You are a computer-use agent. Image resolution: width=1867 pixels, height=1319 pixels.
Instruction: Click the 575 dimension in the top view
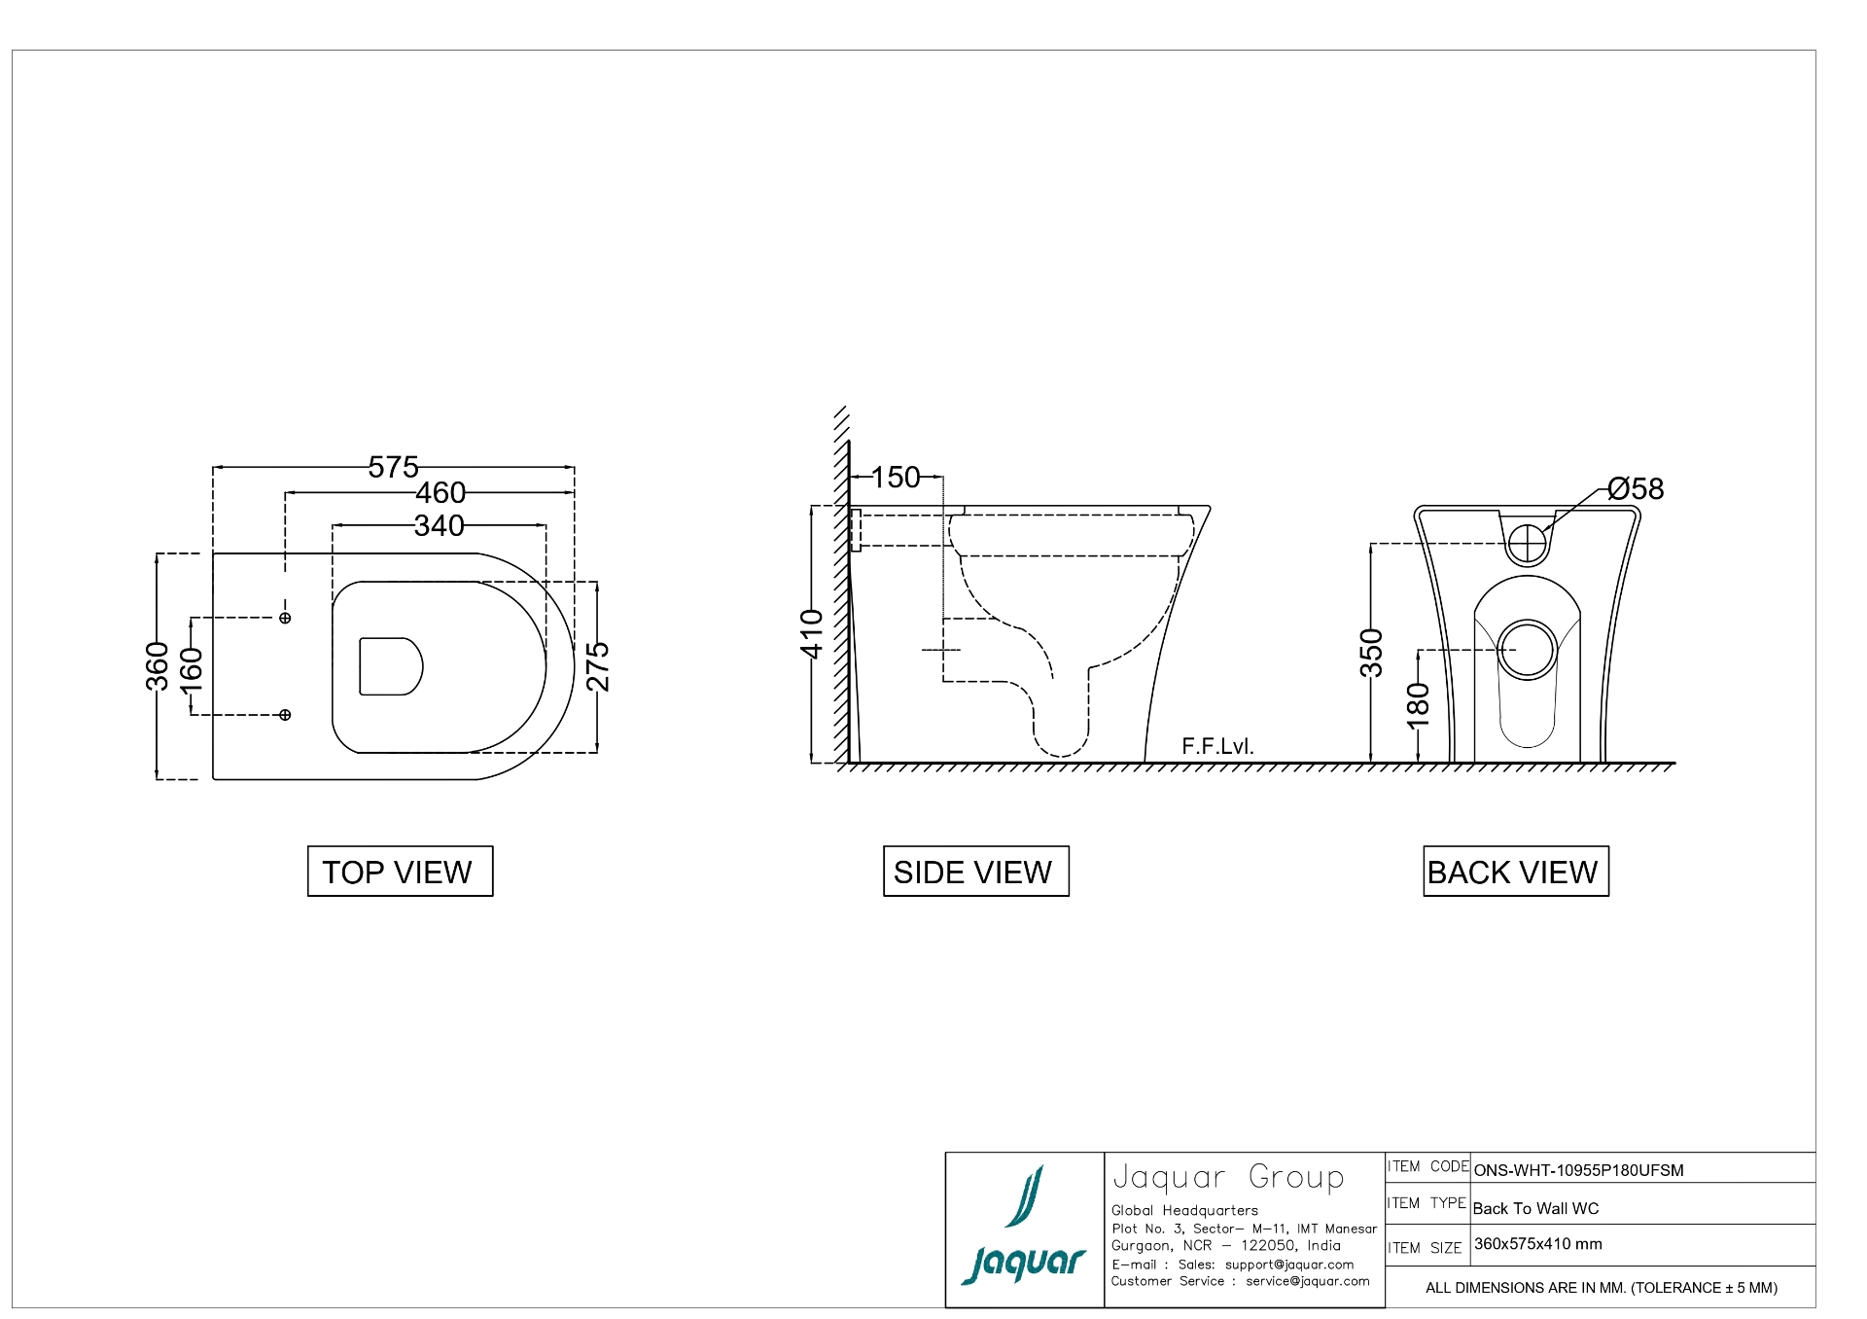click(393, 468)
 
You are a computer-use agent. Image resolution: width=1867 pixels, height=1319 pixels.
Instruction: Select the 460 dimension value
click(440, 493)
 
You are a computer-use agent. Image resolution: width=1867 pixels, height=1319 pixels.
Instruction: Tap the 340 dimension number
click(439, 526)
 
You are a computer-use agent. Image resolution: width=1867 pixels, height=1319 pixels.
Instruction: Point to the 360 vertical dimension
click(158, 666)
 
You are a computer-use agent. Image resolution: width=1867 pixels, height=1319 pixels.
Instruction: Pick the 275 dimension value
click(598, 666)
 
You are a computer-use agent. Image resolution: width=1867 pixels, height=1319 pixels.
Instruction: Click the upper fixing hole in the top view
click(285, 618)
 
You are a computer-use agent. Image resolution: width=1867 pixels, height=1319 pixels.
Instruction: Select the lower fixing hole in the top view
click(285, 715)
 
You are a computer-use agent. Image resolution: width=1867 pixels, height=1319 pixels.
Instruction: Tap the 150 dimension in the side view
click(895, 478)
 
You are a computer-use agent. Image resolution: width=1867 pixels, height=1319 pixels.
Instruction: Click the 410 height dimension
click(812, 633)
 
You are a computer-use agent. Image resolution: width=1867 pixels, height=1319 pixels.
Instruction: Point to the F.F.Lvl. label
click(1217, 747)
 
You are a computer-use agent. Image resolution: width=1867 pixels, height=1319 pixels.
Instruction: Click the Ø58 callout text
click(1636, 489)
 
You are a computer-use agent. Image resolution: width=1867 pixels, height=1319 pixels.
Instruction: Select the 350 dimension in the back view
click(1371, 653)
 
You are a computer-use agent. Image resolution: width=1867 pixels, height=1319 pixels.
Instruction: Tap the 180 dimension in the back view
click(1419, 705)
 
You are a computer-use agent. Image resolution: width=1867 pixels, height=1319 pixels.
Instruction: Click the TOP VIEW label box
click(400, 872)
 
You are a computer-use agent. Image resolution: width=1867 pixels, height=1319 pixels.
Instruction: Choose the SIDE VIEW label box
click(975, 872)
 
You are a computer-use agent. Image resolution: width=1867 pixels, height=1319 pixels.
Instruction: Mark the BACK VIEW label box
click(1515, 872)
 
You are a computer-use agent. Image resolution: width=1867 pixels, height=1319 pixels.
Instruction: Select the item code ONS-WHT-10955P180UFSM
click(1578, 1170)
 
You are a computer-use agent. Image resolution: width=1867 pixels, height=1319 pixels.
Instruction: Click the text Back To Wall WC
click(1535, 1209)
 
